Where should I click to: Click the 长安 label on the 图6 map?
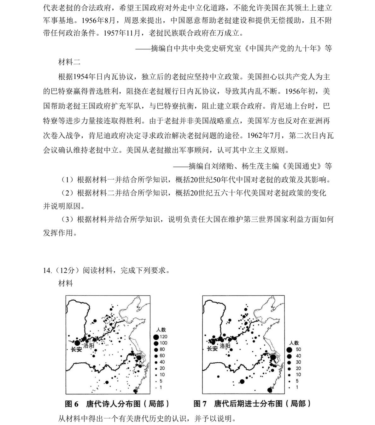pyautogui.click(x=76, y=349)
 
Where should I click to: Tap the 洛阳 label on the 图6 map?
pyautogui.click(x=89, y=346)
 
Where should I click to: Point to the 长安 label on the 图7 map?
pyautogui.click(x=212, y=348)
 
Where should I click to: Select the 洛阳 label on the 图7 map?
pyautogui.click(x=225, y=346)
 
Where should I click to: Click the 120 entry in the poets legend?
pyautogui.click(x=163, y=337)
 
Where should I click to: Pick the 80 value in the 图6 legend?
pyautogui.click(x=162, y=349)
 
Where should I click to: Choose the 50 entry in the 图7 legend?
pyautogui.click(x=298, y=349)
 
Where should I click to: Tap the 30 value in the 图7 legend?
pyautogui.click(x=298, y=362)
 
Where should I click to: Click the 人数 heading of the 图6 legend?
pyautogui.click(x=161, y=330)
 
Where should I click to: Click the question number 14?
pyautogui.click(x=47, y=270)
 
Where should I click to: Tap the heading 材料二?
pyautogui.click(x=69, y=62)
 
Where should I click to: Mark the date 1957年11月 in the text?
pyautogui.click(x=122, y=33)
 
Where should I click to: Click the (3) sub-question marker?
pyautogui.click(x=67, y=219)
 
